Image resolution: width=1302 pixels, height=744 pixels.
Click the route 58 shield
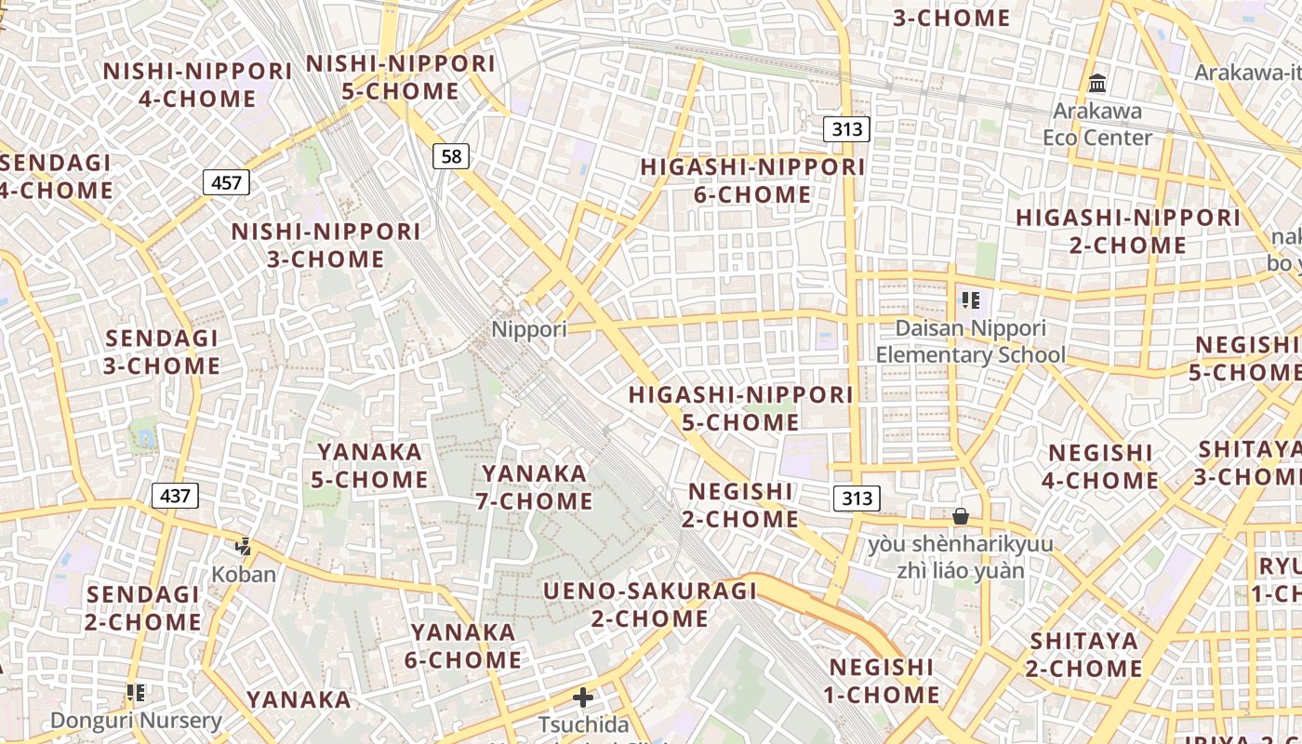(x=451, y=156)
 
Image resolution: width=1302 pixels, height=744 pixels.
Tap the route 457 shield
(x=227, y=182)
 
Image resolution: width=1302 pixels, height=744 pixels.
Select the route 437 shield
(x=175, y=496)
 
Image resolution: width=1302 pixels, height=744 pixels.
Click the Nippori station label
(x=528, y=329)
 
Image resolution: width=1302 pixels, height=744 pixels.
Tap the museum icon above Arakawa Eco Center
(x=1097, y=84)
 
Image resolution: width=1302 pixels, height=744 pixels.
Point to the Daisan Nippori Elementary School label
(x=971, y=341)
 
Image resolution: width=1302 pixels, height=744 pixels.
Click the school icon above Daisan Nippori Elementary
(x=971, y=300)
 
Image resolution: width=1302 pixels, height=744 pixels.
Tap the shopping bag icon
(x=961, y=515)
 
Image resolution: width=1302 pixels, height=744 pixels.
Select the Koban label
(x=244, y=574)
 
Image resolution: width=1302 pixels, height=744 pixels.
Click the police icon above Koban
(x=244, y=546)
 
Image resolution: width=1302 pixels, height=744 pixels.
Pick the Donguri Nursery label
(x=136, y=720)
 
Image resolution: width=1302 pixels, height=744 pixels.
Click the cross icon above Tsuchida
(x=583, y=697)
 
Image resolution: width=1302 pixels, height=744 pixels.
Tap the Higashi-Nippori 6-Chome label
(x=753, y=180)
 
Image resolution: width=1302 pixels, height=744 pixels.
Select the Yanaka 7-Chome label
(x=535, y=487)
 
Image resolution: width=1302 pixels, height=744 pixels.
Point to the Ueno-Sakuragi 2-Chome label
(x=650, y=604)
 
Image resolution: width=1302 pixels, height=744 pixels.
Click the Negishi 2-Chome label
(x=741, y=505)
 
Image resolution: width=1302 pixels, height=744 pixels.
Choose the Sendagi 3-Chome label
(x=163, y=352)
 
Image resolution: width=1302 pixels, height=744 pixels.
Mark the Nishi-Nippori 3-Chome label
(x=326, y=245)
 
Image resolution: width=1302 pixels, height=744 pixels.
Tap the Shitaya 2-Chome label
(x=1084, y=655)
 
